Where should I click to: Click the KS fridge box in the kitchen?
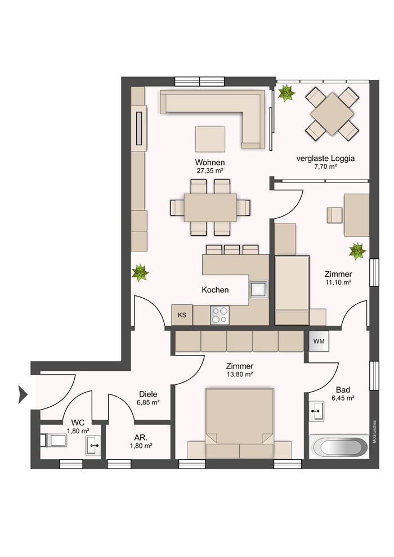(x=182, y=315)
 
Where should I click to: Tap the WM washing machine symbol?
(x=319, y=342)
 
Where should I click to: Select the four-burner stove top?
(x=220, y=315)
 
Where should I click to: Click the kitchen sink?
(x=258, y=289)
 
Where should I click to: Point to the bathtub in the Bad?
(x=339, y=447)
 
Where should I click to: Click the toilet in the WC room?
(x=53, y=441)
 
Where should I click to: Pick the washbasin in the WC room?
(x=93, y=446)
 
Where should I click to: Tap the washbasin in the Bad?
(x=316, y=411)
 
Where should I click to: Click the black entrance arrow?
(x=23, y=394)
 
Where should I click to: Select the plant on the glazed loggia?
(x=286, y=93)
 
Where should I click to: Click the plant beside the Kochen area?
(x=140, y=273)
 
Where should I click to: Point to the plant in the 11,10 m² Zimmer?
(x=357, y=251)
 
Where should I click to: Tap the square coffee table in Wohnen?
(x=210, y=139)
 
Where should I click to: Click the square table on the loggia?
(x=332, y=114)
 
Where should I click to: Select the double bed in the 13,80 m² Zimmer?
(x=239, y=423)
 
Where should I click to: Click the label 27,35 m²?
(x=210, y=170)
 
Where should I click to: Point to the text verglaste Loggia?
(x=325, y=159)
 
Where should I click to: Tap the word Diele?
(x=148, y=394)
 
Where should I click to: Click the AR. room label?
(x=141, y=438)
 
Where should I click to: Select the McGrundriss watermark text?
(x=374, y=432)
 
